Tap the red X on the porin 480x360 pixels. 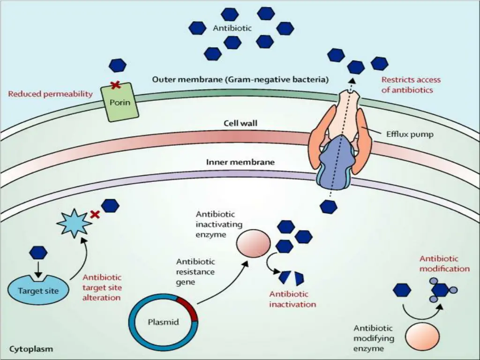(114, 85)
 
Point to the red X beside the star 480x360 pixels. (95, 215)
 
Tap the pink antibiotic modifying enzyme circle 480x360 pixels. (422, 336)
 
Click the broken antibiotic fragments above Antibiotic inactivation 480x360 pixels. (291, 278)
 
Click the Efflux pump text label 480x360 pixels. (410, 134)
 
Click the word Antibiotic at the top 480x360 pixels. (232, 28)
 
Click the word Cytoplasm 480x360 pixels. (31, 349)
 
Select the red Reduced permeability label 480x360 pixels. (50, 94)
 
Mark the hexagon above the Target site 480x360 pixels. (38, 253)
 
